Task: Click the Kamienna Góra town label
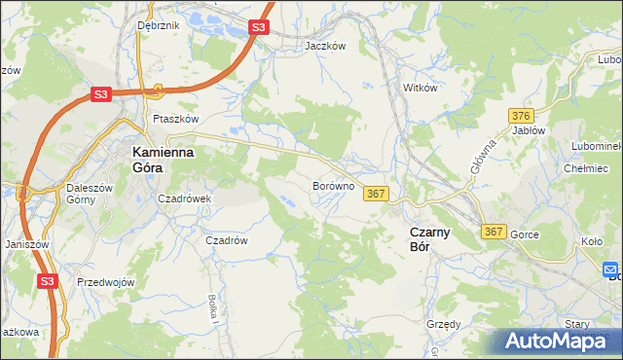pyautogui.click(x=164, y=160)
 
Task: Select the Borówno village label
pyautogui.click(x=333, y=185)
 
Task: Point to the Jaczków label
pyautogui.click(x=325, y=46)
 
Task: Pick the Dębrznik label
pyautogui.click(x=159, y=25)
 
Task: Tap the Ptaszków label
pyautogui.click(x=175, y=119)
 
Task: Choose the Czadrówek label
pyautogui.click(x=185, y=198)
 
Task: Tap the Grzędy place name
pyautogui.click(x=443, y=325)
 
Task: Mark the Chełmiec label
pyautogui.click(x=586, y=167)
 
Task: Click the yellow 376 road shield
pyautogui.click(x=521, y=116)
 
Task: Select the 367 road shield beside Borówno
pyautogui.click(x=377, y=195)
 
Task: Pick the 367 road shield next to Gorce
pyautogui.click(x=494, y=232)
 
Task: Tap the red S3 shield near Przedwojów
pyautogui.click(x=49, y=281)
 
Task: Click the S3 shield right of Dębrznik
pyautogui.click(x=257, y=28)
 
